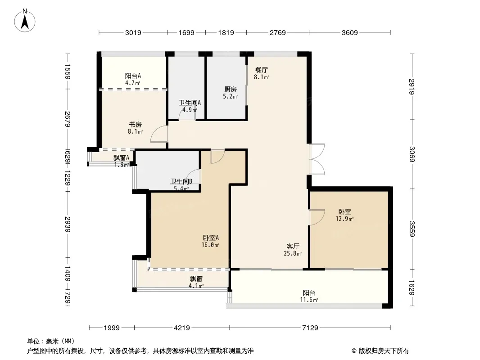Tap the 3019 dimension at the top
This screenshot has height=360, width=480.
133,32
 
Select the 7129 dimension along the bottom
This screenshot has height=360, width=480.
310,328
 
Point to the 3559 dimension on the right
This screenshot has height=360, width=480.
412,229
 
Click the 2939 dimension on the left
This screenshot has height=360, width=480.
68,225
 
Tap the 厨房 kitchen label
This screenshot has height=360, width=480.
231,89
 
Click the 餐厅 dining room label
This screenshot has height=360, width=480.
262,70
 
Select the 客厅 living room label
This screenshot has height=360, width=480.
293,246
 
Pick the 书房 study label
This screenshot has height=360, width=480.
135,125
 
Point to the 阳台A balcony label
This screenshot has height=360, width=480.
133,76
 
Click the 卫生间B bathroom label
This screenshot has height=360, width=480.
181,181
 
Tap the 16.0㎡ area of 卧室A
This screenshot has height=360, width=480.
211,245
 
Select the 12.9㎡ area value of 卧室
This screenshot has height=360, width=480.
345,219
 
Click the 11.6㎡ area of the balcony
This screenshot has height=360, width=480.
309,300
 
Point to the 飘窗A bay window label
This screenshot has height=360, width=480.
121,158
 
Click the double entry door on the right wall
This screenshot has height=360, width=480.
317,159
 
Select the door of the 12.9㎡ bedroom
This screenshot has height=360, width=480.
317,217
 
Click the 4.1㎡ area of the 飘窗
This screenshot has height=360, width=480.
196,286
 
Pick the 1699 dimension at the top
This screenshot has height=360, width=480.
186,32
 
